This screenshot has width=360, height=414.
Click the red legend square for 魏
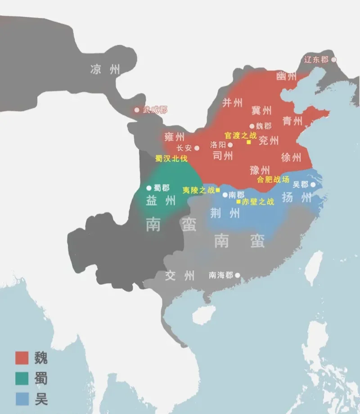click(x=22, y=358)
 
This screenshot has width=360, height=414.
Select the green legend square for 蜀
click(x=22, y=378)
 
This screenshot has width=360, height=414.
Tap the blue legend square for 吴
click(x=22, y=398)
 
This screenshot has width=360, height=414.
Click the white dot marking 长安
click(x=197, y=148)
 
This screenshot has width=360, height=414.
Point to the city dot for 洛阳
click(x=230, y=145)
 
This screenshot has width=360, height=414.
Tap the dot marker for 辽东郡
click(x=333, y=59)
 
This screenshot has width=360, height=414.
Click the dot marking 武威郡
click(x=137, y=110)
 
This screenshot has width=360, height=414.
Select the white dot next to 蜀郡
click(x=148, y=188)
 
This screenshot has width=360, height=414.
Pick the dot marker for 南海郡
click(x=237, y=275)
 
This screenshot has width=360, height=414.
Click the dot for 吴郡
click(x=313, y=185)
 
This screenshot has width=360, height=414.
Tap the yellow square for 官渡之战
click(x=248, y=142)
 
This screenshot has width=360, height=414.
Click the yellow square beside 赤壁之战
click(x=238, y=201)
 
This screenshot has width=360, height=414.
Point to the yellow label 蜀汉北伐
click(x=171, y=159)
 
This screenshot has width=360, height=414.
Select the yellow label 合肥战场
click(x=273, y=179)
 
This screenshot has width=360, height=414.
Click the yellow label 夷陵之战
click(x=198, y=190)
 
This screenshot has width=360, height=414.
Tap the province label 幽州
click(x=287, y=76)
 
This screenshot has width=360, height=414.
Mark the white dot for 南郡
click(x=225, y=195)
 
